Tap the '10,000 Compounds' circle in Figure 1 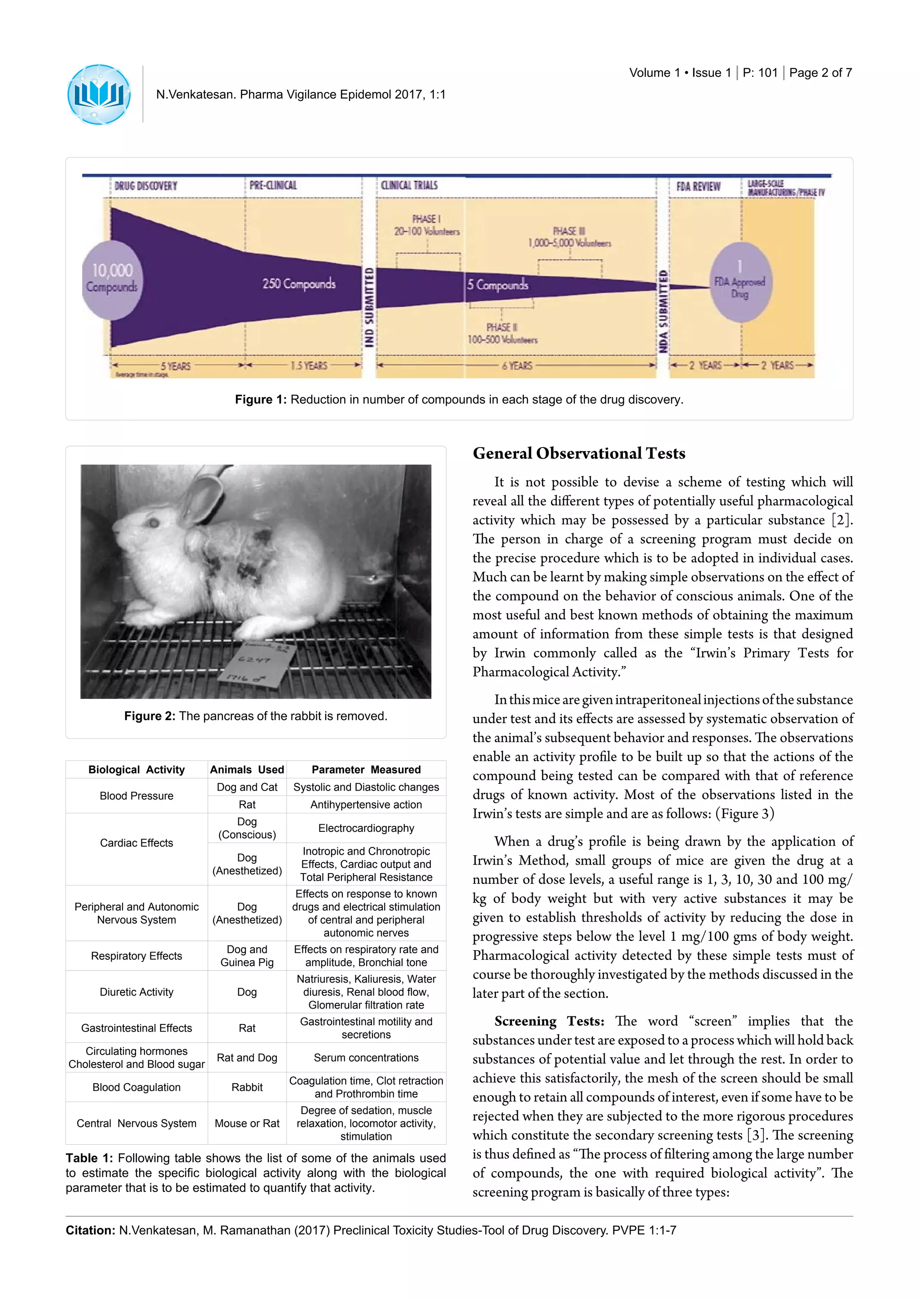[112, 279]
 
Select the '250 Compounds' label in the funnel [298, 283]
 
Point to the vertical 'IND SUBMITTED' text [369, 307]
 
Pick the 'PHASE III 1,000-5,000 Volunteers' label [569, 237]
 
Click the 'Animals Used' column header [247, 769]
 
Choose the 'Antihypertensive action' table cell [366, 804]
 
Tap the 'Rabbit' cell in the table [247, 1087]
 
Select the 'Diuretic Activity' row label [136, 992]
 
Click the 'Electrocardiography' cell [366, 828]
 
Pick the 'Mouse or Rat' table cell [247, 1123]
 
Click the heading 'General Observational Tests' [579, 453]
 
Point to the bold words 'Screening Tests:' [549, 1021]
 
